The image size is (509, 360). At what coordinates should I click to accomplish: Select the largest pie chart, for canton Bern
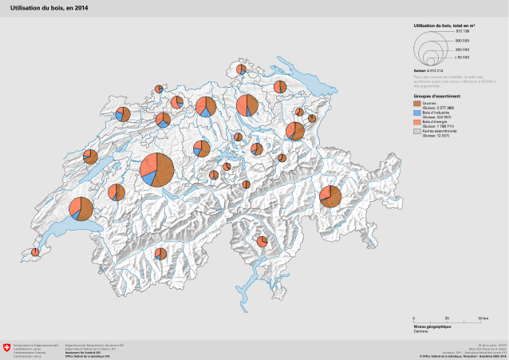point(157,168)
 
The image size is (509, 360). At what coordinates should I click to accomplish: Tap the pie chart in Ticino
point(262,241)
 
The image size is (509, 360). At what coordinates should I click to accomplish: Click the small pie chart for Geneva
point(34,252)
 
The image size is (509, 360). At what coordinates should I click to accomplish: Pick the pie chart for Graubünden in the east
point(330,196)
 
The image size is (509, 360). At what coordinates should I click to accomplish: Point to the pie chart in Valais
point(160,254)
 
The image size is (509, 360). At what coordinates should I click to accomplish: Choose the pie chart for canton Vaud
point(81,208)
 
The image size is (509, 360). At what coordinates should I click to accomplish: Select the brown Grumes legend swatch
point(417,104)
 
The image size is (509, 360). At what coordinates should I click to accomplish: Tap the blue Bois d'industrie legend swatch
point(417,113)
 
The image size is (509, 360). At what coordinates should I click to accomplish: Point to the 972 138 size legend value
point(461,31)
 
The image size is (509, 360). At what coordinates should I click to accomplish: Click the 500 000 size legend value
point(461,40)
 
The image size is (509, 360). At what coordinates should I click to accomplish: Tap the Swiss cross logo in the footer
point(7,348)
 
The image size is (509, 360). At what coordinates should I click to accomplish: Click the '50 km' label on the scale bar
point(483,318)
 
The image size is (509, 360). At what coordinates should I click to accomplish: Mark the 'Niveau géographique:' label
point(432,326)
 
